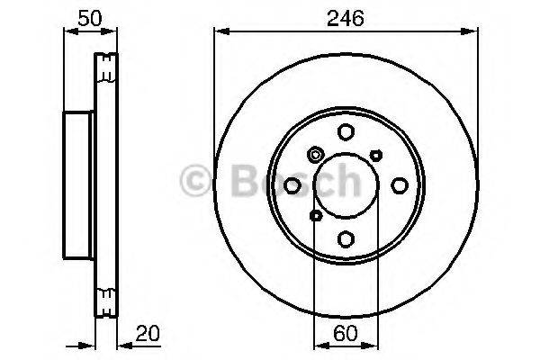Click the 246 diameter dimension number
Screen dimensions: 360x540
pyautogui.click(x=346, y=15)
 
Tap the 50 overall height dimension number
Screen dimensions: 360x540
pyautogui.click(x=88, y=15)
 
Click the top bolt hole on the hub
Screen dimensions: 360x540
pyautogui.click(x=346, y=133)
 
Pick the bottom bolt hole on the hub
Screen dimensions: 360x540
pyautogui.click(x=346, y=238)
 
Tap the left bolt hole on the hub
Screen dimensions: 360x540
pyautogui.click(x=292, y=185)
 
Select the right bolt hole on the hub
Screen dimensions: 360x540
pyautogui.click(x=399, y=185)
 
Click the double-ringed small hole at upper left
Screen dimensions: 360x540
pyautogui.click(x=315, y=155)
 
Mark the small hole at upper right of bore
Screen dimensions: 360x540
pyautogui.click(x=376, y=155)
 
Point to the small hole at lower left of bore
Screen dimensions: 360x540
pyautogui.click(x=315, y=216)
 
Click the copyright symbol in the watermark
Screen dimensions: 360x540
pyautogui.click(x=195, y=182)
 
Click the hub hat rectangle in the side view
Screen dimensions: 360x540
pyautogui.click(x=78, y=185)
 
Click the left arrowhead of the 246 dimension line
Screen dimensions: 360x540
pyautogui.click(x=219, y=31)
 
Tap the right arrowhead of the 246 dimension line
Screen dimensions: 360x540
pyautogui.click(x=473, y=31)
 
